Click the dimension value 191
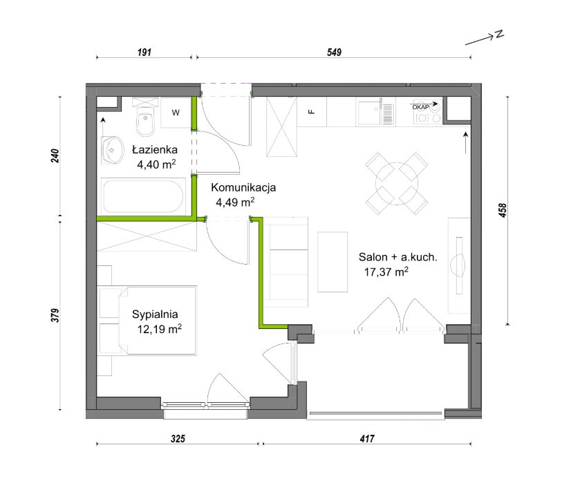coord(144,53)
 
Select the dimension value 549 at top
coord(334,53)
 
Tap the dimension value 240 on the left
coord(55,156)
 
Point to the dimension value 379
coord(55,315)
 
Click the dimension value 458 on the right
coord(503,210)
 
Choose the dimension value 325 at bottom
coord(178,439)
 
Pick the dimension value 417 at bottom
coord(367,439)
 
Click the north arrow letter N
coord(499,34)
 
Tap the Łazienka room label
coord(155,149)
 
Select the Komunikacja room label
coord(243,187)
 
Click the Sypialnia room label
coord(155,314)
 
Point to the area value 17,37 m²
coord(386,272)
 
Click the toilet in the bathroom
coord(146,117)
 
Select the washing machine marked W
coord(176,113)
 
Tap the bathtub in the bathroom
coord(144,196)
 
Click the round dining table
coord(397,184)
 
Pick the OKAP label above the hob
coord(421,107)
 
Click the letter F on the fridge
coord(312,112)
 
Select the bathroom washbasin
coord(111,150)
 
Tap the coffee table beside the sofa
coord(332,262)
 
